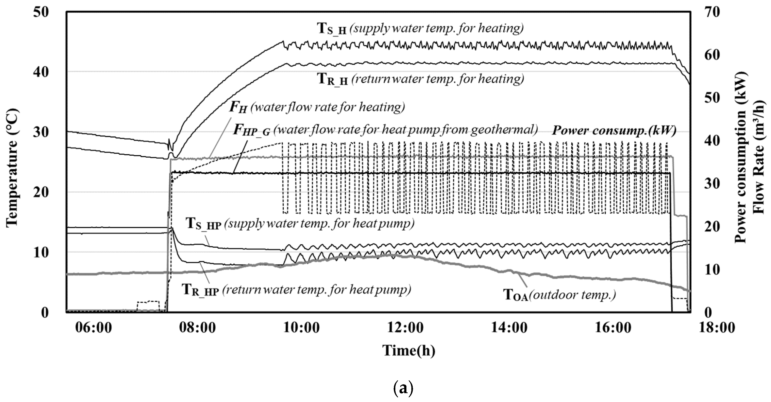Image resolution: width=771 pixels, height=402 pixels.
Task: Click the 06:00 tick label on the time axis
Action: click(93, 327)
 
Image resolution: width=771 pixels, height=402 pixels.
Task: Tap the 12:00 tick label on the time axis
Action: click(405, 327)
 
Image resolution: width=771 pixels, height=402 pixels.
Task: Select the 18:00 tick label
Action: click(717, 327)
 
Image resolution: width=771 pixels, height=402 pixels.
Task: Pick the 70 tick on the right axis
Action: click(711, 12)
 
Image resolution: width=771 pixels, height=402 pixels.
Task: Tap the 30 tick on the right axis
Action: click(711, 183)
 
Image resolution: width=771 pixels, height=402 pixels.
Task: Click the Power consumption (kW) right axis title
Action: click(740, 158)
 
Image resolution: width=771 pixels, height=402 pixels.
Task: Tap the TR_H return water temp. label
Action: click(421, 79)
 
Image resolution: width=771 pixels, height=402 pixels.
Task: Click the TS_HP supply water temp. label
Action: click(300, 224)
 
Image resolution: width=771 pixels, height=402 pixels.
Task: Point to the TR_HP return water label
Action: click(296, 290)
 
